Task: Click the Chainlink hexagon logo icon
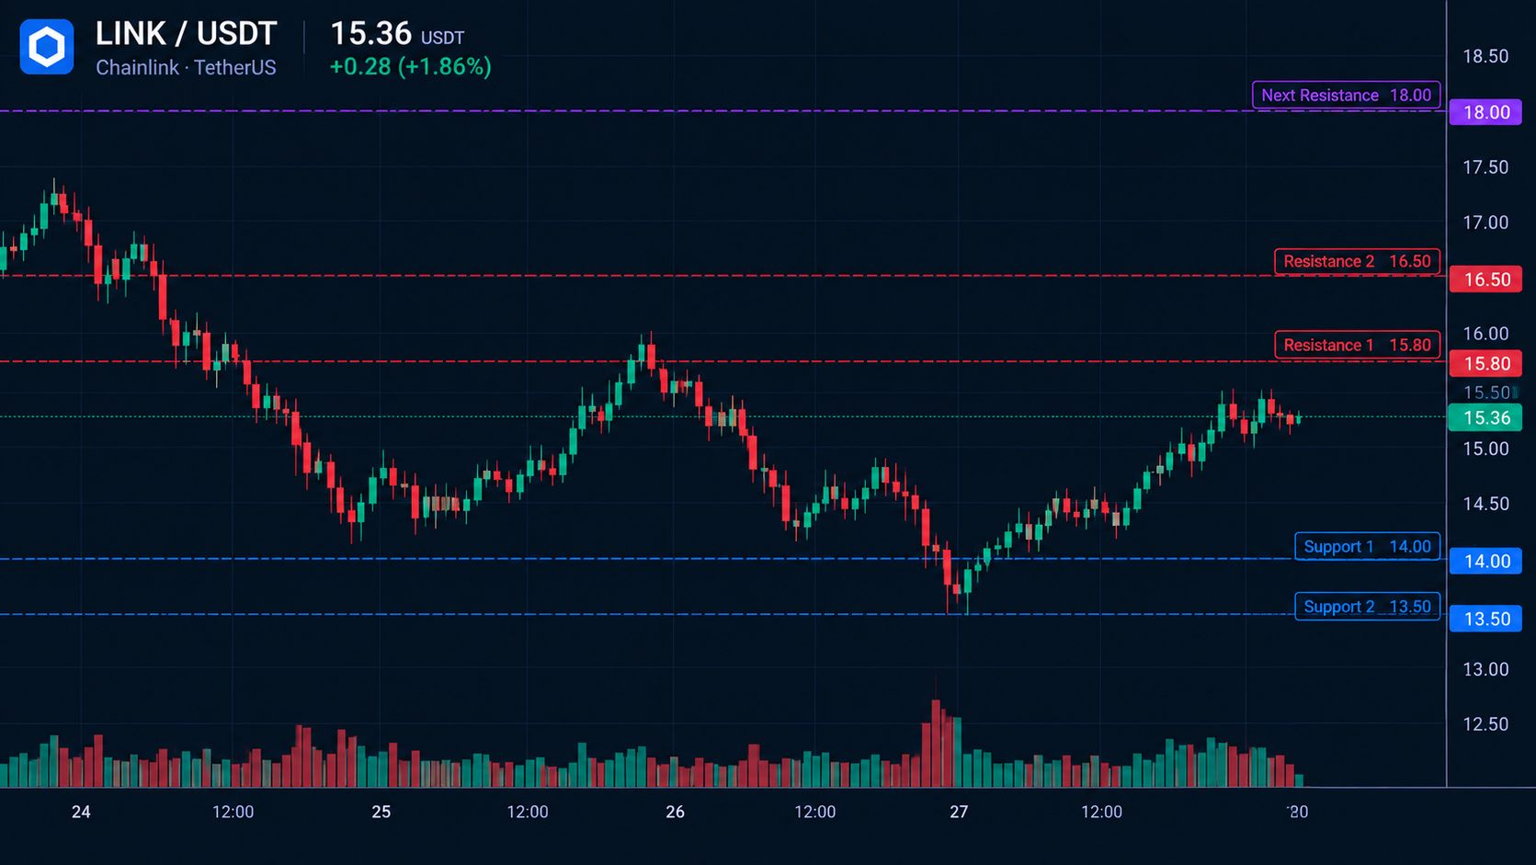click(x=47, y=47)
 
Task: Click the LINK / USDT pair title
click(x=186, y=34)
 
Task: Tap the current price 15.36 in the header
click(x=371, y=34)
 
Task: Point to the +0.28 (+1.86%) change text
click(x=411, y=66)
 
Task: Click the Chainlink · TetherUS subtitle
click(x=186, y=67)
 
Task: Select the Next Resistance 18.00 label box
click(x=1346, y=95)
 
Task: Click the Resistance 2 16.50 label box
click(x=1357, y=261)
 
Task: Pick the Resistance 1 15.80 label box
click(x=1357, y=345)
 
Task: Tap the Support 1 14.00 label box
click(x=1367, y=547)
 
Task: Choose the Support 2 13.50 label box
click(x=1367, y=607)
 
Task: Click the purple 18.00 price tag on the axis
click(x=1486, y=112)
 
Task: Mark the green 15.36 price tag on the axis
click(x=1485, y=417)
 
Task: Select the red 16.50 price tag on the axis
click(x=1486, y=279)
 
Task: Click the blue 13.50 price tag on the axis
click(x=1486, y=619)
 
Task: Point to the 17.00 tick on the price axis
click(x=1486, y=222)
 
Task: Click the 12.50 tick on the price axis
click(x=1486, y=723)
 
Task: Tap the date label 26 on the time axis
click(x=676, y=813)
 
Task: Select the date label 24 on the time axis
click(x=81, y=813)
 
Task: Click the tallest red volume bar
click(x=936, y=744)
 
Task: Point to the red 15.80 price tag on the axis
click(x=1486, y=364)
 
